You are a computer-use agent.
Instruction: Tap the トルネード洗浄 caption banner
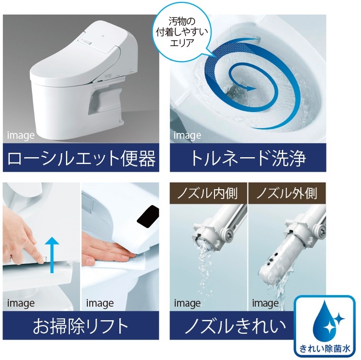248,158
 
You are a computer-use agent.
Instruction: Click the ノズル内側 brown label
208,193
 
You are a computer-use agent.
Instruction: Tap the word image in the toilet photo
20,135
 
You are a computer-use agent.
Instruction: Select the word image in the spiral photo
187,135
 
